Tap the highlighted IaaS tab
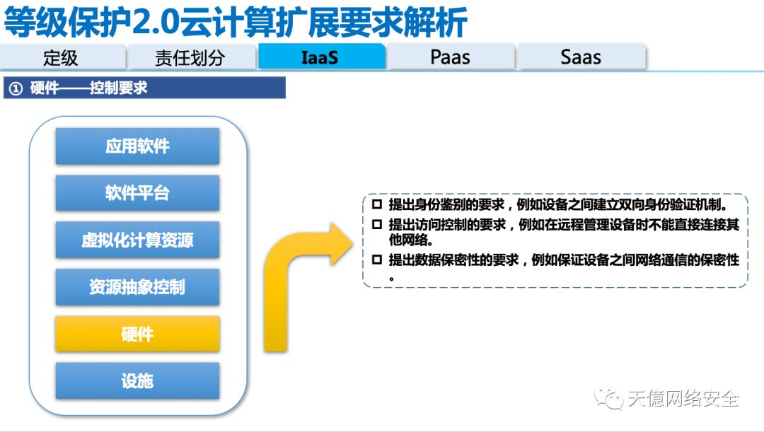(320, 57)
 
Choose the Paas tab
(450, 57)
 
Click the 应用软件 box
(137, 146)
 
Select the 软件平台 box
(137, 193)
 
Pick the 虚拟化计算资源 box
(137, 240)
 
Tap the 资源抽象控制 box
(137, 287)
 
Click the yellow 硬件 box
(137, 334)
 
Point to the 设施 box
(137, 381)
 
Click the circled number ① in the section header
(16, 89)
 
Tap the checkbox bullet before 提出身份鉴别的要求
(376, 205)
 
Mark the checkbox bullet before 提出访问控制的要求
(376, 225)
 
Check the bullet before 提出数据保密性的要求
(376, 260)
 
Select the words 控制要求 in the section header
(119, 88)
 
